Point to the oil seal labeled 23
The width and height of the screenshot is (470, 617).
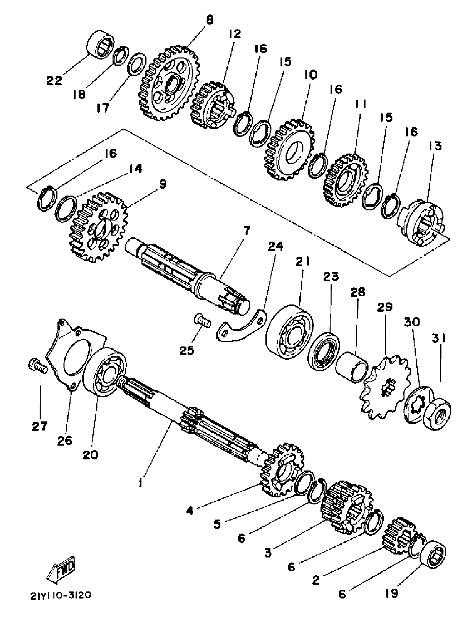pyautogui.click(x=323, y=351)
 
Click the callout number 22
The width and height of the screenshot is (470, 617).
pyautogui.click(x=54, y=81)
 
